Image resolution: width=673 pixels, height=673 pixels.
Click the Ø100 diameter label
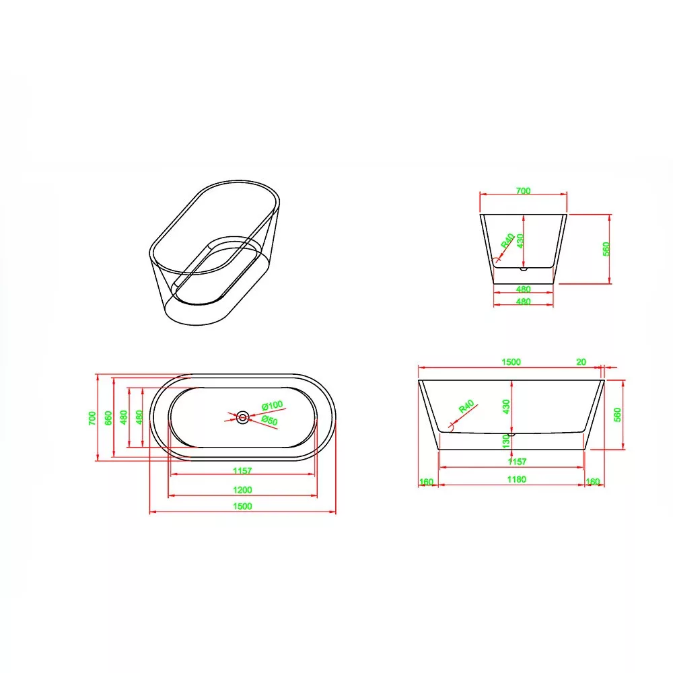pyautogui.click(x=272, y=405)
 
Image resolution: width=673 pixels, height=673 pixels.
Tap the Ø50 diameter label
pyautogui.click(x=270, y=421)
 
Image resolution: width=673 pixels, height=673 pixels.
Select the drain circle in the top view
pyautogui.click(x=242, y=417)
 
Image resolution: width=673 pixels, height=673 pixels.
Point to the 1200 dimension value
pyautogui.click(x=242, y=490)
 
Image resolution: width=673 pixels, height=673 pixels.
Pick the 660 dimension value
pyautogui.click(x=108, y=418)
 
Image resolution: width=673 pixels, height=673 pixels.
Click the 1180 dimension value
pyautogui.click(x=516, y=479)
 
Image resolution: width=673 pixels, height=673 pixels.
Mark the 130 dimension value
pyautogui.click(x=506, y=441)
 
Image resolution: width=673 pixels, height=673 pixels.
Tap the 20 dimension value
pyautogui.click(x=581, y=362)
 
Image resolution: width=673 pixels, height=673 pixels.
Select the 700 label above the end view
pyautogui.click(x=523, y=190)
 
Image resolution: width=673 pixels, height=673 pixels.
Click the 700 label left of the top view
pyautogui.click(x=92, y=418)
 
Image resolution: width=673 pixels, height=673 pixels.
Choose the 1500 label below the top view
pyautogui.click(x=242, y=506)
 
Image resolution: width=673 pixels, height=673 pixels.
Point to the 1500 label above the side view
pyautogui.click(x=511, y=362)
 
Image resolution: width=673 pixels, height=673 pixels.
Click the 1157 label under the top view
pyautogui.click(x=242, y=470)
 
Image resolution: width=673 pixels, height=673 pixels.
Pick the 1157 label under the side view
pyautogui.click(x=517, y=462)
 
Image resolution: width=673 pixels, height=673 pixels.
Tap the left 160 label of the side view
pyautogui.click(x=426, y=482)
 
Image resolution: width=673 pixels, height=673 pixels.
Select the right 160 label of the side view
pyautogui.click(x=593, y=481)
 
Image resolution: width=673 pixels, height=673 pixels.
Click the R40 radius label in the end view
pyautogui.click(x=507, y=241)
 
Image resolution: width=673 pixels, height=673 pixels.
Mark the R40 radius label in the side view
pyautogui.click(x=466, y=406)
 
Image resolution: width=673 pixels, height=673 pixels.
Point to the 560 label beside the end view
pyautogui.click(x=606, y=249)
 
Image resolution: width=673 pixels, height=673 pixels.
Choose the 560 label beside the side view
pyautogui.click(x=618, y=415)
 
